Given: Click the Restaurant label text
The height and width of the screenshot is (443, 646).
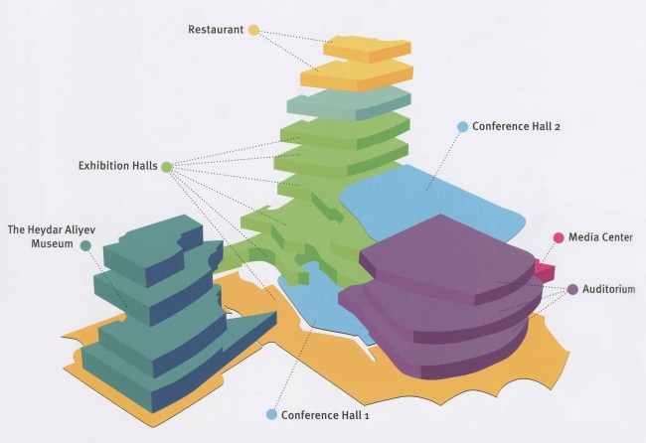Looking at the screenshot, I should (216, 30).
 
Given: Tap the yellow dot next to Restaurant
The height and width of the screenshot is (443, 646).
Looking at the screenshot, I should (253, 30).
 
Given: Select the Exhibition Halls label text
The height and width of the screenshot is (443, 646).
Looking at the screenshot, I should (117, 166).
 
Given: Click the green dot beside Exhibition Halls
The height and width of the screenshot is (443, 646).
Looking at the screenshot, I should (166, 167).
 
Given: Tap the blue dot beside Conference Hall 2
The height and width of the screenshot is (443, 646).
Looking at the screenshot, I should (462, 127).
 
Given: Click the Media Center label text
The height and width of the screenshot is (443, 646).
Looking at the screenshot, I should (600, 237).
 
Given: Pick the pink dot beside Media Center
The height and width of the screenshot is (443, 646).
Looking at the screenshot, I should (559, 237).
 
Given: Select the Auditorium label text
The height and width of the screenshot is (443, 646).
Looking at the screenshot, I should (607, 289).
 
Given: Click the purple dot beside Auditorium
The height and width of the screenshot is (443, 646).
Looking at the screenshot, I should (573, 289).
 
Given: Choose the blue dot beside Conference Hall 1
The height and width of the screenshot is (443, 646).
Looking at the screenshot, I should (271, 413).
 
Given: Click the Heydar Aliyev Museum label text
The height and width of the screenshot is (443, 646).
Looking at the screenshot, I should (44, 236).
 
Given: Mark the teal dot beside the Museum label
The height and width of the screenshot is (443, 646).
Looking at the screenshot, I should (85, 244).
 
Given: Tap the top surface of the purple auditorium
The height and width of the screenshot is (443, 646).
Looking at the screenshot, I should (447, 253).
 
